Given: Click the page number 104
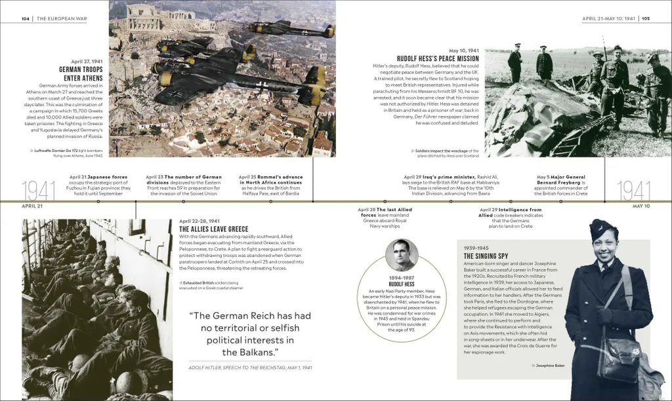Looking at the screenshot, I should pyautogui.click(x=25, y=18).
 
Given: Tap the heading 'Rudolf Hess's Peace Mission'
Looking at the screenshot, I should pyautogui.click(x=438, y=58).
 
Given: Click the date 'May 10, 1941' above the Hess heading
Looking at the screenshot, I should pyautogui.click(x=463, y=50).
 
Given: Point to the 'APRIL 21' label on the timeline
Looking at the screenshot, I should pyautogui.click(x=32, y=206).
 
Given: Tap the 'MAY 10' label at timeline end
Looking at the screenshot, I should pyautogui.click(x=640, y=206).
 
